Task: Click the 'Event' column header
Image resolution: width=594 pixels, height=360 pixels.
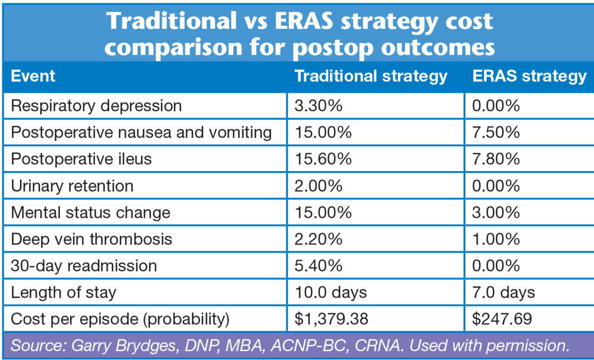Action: [x=33, y=76]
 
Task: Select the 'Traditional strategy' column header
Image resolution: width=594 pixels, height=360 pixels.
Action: [x=371, y=76]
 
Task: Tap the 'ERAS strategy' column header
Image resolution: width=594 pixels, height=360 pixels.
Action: [x=529, y=76]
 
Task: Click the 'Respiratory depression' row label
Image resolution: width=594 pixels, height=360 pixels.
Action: [x=96, y=106]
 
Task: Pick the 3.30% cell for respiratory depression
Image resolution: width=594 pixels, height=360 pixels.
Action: [x=318, y=106]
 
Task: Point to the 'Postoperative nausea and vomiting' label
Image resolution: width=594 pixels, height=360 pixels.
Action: [x=141, y=133]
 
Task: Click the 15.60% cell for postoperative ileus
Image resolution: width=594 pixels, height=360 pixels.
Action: [x=323, y=159]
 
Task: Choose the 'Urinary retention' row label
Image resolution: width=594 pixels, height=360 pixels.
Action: [x=72, y=186]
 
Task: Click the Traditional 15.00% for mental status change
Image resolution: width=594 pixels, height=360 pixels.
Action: [x=323, y=212]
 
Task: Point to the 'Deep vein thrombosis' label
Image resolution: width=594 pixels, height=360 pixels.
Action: [x=91, y=239]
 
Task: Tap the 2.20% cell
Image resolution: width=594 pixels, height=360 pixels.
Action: [x=318, y=239]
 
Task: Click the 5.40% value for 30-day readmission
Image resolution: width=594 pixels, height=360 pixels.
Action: [x=318, y=266]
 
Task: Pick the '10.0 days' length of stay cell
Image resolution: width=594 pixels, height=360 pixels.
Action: [x=330, y=293]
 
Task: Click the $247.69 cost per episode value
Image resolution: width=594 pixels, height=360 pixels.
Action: [x=502, y=319]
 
